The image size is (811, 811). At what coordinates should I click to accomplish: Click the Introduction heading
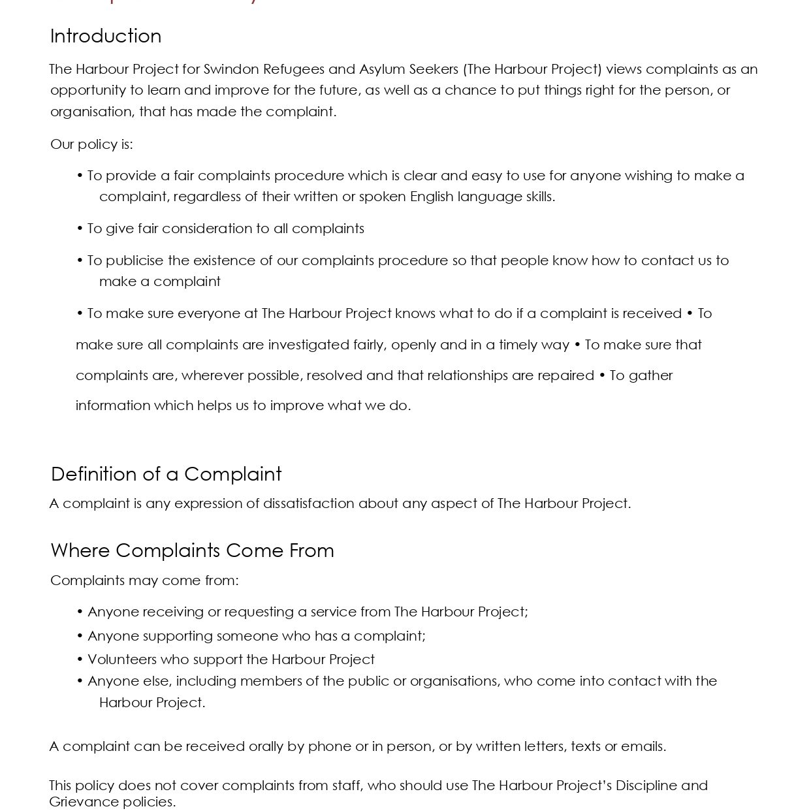106,36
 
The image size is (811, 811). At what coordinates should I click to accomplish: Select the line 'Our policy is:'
91,144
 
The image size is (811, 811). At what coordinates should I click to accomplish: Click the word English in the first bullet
432,197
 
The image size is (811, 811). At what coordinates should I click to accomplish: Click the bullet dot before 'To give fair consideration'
80,229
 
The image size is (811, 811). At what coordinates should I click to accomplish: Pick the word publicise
135,261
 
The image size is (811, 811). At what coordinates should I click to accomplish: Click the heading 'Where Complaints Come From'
192,550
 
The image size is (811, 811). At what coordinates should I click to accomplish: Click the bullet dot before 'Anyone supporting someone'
80,636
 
